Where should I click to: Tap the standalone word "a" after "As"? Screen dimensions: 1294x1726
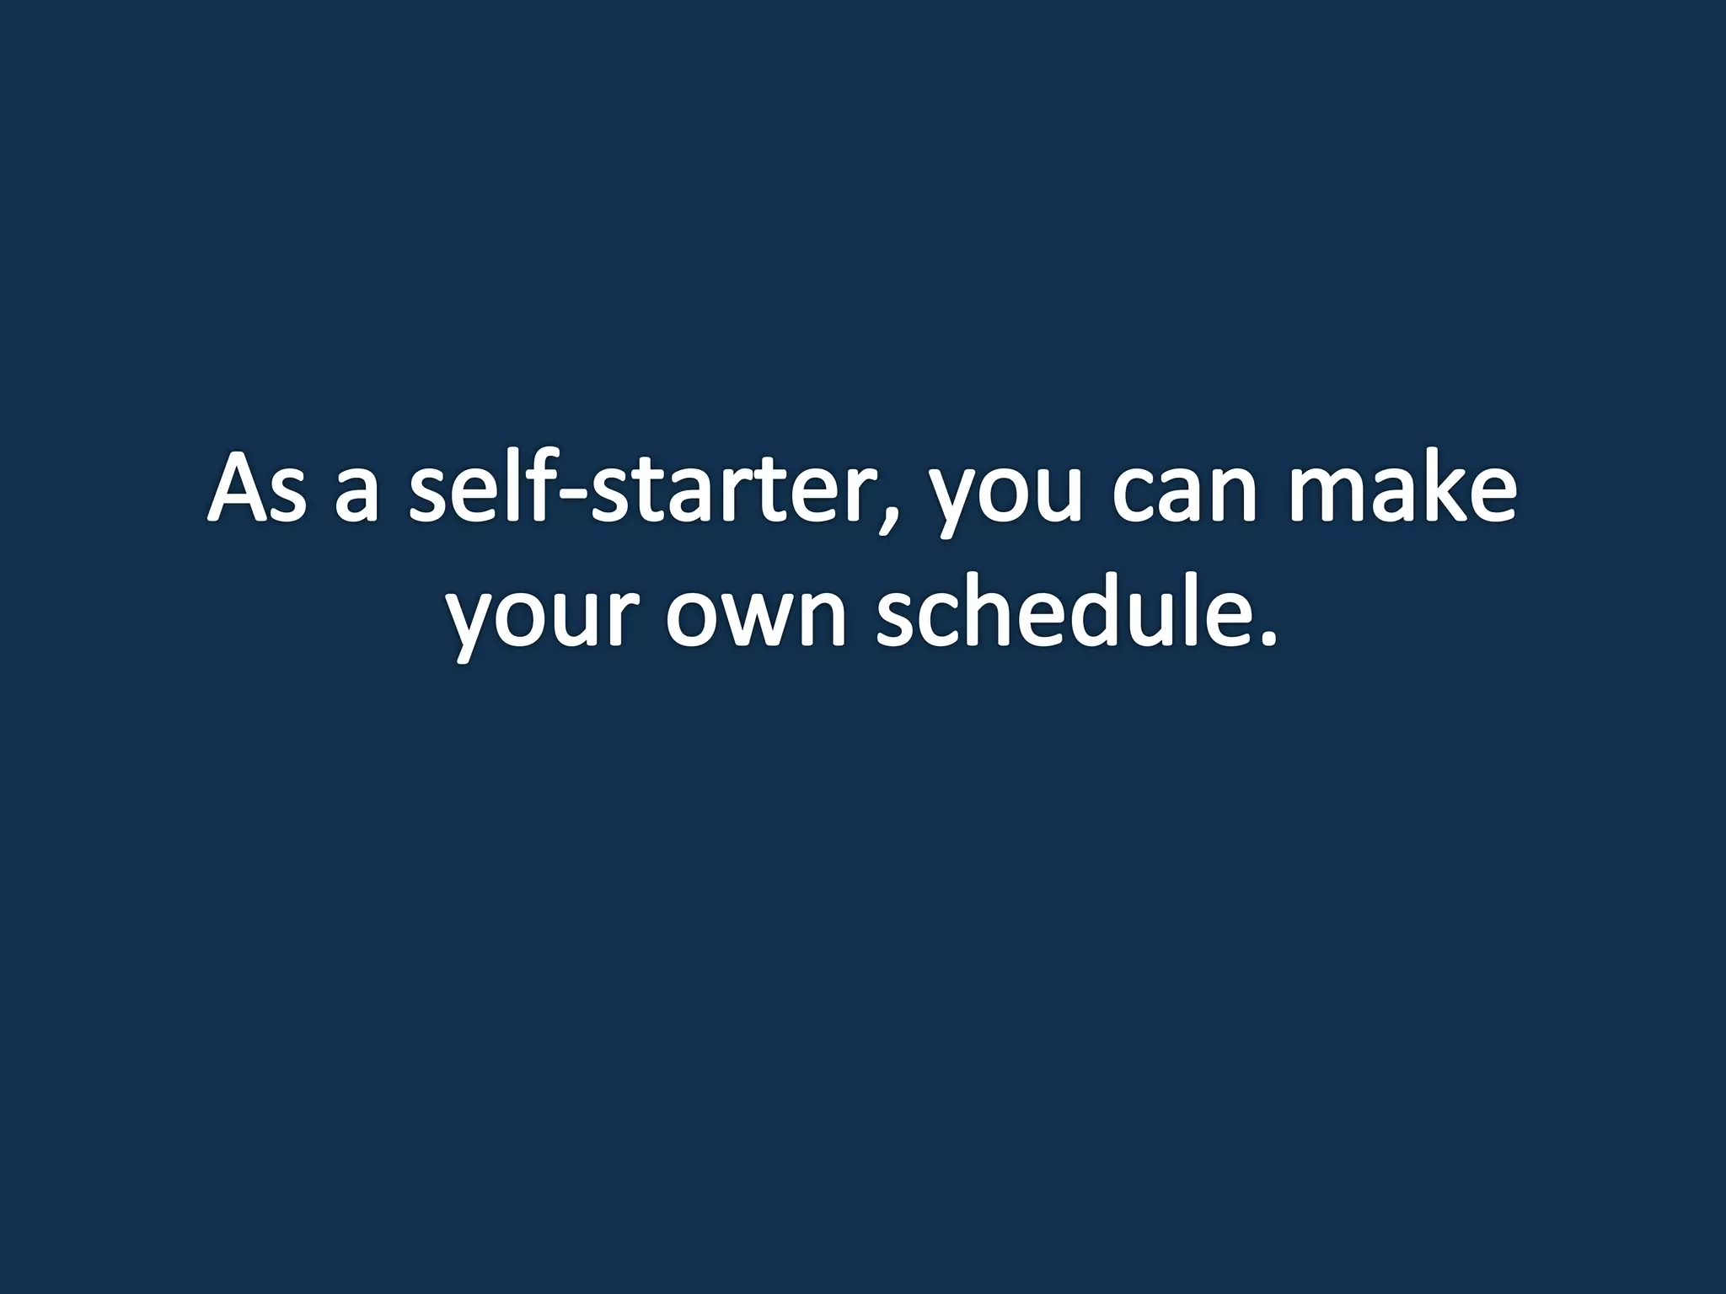tap(356, 497)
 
